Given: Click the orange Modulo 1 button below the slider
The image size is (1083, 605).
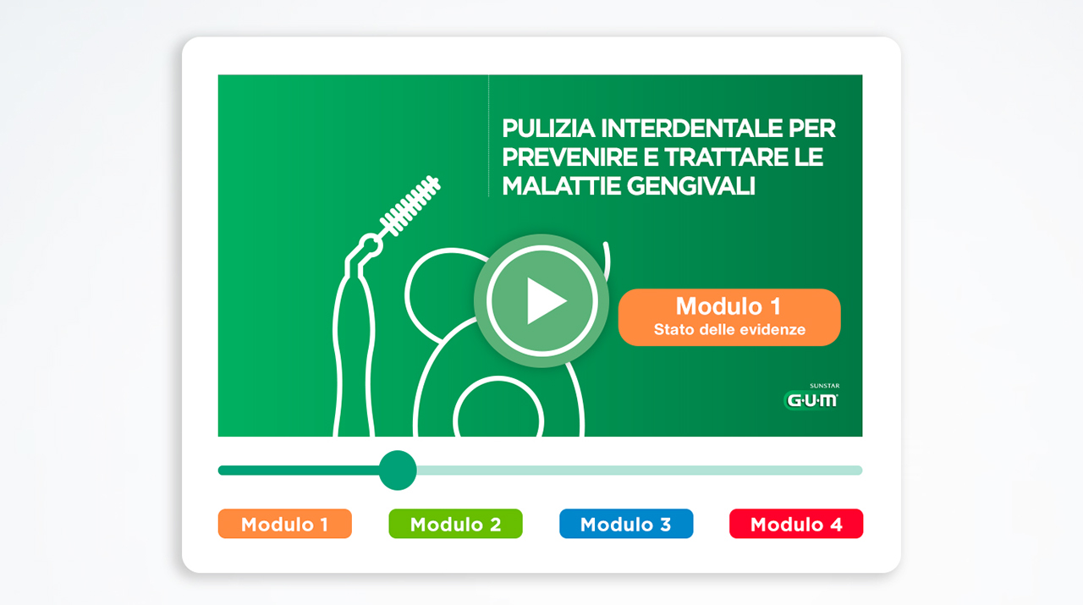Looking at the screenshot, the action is (285, 524).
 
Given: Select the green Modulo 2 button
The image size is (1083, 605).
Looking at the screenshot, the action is (455, 524).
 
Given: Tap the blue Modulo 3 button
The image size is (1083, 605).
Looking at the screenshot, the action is (626, 524).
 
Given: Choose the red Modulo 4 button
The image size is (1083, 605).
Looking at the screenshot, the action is (796, 524).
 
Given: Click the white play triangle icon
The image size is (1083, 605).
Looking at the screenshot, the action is (544, 300).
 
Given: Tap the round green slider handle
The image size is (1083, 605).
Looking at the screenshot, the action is (398, 470).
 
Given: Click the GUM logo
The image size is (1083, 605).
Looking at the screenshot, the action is (811, 400).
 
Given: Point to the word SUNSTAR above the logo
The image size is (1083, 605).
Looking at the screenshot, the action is (824, 386).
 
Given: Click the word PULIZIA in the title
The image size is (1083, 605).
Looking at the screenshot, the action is (548, 129).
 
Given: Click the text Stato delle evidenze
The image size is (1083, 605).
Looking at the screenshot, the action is (729, 330).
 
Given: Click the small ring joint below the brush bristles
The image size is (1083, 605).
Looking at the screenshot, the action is (371, 245).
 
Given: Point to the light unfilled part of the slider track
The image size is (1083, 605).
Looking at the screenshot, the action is (639, 470).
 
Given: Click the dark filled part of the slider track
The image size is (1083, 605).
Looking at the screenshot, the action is (299, 470).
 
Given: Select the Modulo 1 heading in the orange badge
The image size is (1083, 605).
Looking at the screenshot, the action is (728, 306).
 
